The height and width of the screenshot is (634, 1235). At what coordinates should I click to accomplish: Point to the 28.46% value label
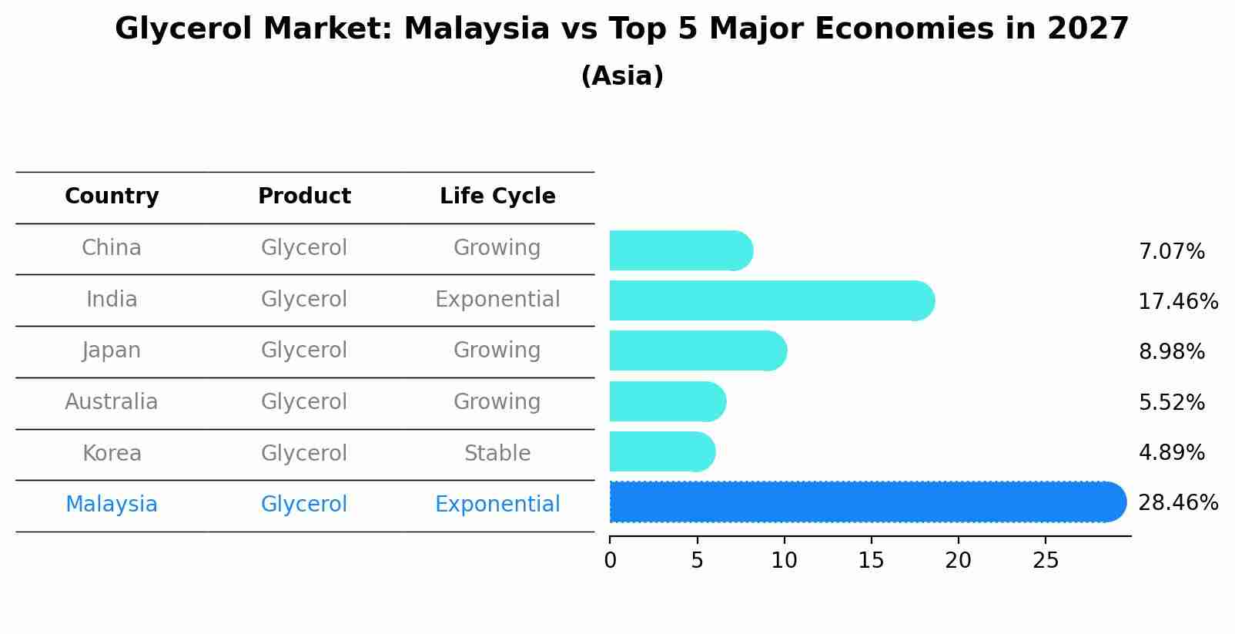click(x=1178, y=503)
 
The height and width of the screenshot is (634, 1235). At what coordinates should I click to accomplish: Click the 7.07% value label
click(x=1171, y=252)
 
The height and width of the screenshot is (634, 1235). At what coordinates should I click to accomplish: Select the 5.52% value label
click(x=1171, y=402)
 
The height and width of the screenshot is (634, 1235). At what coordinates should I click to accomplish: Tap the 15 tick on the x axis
click(x=872, y=560)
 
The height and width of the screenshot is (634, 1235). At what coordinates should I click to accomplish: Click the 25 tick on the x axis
click(x=1046, y=560)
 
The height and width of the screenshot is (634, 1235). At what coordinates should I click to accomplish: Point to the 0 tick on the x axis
click(x=611, y=560)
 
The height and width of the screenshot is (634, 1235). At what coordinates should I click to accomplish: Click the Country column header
click(x=112, y=196)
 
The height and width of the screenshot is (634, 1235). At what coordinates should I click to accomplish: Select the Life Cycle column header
click(x=497, y=196)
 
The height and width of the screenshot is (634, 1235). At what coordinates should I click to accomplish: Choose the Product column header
click(x=304, y=196)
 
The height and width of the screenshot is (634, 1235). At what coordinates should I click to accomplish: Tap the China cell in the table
click(x=112, y=248)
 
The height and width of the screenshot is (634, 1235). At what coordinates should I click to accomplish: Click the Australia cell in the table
click(x=112, y=402)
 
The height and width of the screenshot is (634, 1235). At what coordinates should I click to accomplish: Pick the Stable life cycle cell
click(x=497, y=454)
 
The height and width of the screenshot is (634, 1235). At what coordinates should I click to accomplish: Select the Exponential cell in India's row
click(x=497, y=300)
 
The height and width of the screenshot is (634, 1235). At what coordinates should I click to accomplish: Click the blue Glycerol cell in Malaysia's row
click(x=304, y=505)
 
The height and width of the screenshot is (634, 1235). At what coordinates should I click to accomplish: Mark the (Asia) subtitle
click(x=622, y=76)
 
